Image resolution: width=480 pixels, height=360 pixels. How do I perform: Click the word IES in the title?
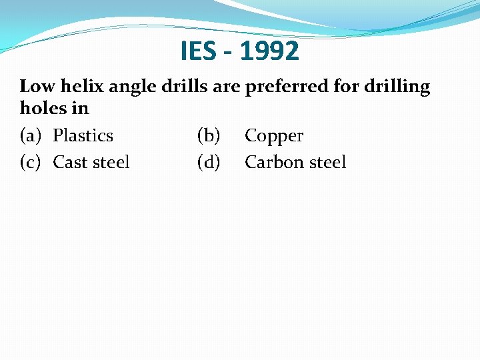point(197,51)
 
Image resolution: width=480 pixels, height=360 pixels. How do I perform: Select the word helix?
point(79,87)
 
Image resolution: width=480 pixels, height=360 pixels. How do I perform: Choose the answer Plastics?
point(83,135)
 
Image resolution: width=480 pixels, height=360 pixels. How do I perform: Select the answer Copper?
point(274,137)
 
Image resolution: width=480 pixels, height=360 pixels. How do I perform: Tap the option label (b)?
point(209,135)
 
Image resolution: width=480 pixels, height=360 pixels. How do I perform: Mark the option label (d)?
point(209,162)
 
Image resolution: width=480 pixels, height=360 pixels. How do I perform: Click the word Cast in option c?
point(71,162)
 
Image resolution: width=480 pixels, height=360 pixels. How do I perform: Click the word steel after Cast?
point(111,162)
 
